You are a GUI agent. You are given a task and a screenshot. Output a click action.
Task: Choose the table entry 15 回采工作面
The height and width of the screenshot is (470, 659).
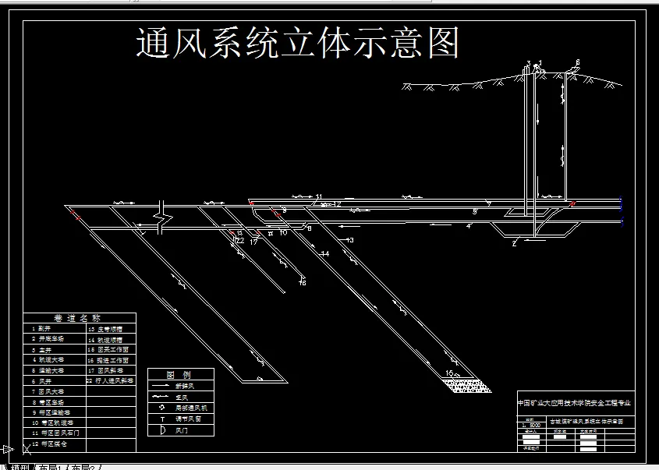tap(108, 350)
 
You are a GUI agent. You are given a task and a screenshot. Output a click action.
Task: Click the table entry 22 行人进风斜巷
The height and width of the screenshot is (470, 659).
tap(111, 381)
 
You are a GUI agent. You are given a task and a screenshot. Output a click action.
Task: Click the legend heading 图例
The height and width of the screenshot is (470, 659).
tap(180, 375)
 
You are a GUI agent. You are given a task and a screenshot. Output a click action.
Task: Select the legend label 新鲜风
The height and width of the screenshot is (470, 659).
tap(186, 386)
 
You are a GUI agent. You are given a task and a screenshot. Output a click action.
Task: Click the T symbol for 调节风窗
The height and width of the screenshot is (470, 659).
tap(161, 419)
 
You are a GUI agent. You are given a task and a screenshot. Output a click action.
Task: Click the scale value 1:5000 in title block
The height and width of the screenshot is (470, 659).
tap(532, 425)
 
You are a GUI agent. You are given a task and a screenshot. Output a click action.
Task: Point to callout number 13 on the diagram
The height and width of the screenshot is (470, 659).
tap(349, 240)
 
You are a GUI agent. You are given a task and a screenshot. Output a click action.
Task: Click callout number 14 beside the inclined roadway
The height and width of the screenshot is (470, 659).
tap(324, 254)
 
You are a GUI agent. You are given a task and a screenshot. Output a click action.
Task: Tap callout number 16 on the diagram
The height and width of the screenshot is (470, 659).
tap(303, 282)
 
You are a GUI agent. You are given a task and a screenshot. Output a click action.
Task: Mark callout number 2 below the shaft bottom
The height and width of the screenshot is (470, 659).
tap(514, 243)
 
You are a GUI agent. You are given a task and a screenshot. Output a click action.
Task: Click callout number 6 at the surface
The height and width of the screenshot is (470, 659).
tap(578, 62)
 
